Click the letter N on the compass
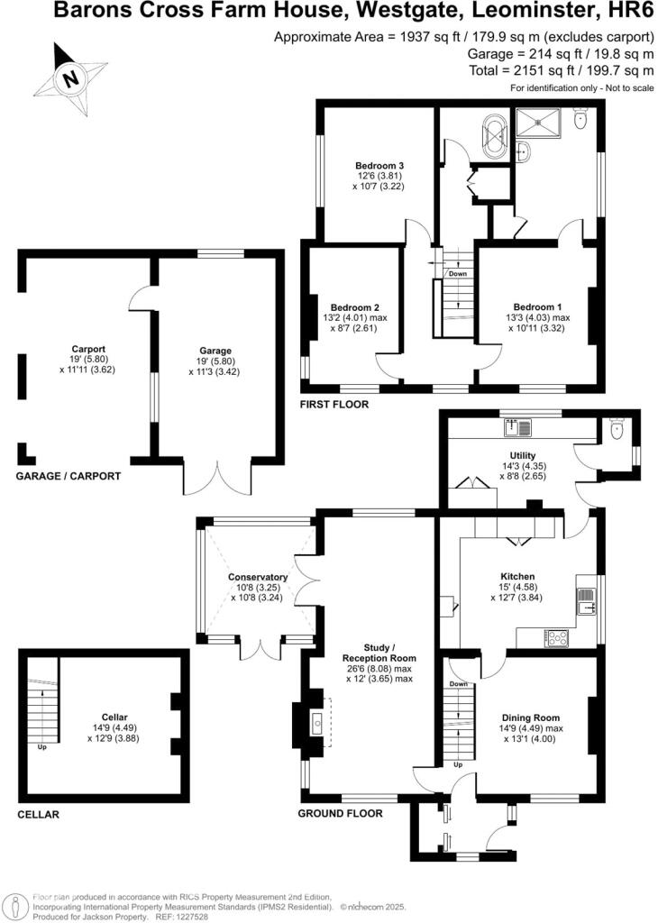click(71, 78)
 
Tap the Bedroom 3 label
click(379, 166)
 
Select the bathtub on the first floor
click(494, 136)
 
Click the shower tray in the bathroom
click(539, 123)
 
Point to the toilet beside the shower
click(580, 119)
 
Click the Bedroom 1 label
click(537, 306)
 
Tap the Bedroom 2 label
click(354, 307)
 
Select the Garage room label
click(215, 351)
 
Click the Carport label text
click(88, 349)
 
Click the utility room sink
click(517, 427)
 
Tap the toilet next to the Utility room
click(617, 430)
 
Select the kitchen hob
click(556, 638)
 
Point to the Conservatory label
click(258, 577)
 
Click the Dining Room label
click(530, 717)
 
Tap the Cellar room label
click(114, 717)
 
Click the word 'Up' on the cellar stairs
click(41, 747)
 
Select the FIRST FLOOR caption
click(334, 405)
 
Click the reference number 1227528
click(192, 917)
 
